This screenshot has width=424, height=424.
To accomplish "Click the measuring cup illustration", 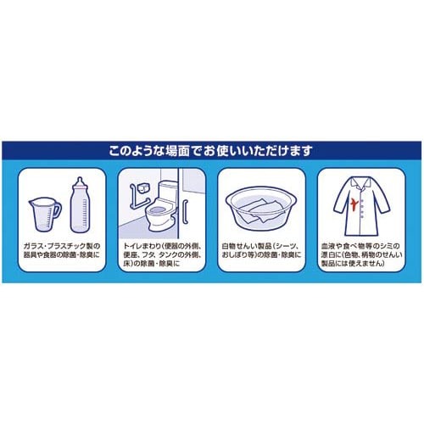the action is [x=45, y=215].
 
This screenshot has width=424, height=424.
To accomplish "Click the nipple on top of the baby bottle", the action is [x=80, y=181].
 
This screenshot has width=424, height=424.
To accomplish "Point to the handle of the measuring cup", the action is [x=57, y=209].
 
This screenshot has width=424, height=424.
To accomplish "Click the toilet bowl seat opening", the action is [x=156, y=209].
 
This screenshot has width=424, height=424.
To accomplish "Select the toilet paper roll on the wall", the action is [x=144, y=188].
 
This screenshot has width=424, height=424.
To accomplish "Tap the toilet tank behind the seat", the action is [x=167, y=191].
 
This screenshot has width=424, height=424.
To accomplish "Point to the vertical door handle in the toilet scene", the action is [x=185, y=212].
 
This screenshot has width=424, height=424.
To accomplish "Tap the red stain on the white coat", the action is [x=354, y=204].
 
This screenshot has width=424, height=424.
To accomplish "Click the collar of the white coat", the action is [x=361, y=183].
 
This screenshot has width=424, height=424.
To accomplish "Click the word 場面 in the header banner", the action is [x=172, y=150].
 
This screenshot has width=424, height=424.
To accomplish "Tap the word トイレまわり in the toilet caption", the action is [x=142, y=246].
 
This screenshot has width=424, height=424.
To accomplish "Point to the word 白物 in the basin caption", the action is [x=229, y=246].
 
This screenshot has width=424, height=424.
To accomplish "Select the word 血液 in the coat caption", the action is [x=328, y=246].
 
